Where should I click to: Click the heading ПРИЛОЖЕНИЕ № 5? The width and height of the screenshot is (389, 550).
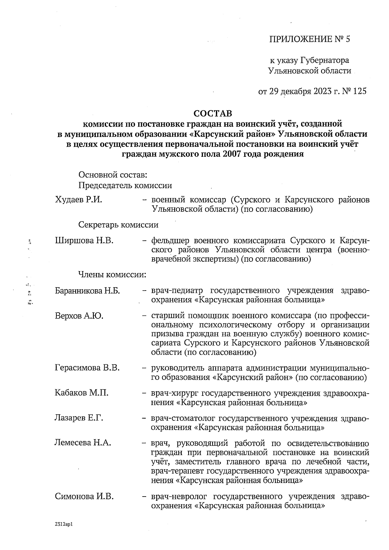(310, 40)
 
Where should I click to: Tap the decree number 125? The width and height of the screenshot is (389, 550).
(360, 92)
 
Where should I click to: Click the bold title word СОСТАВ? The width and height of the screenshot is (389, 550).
(213, 114)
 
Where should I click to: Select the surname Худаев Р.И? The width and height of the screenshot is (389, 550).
(78, 200)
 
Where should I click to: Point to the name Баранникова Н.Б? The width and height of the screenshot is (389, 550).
(88, 291)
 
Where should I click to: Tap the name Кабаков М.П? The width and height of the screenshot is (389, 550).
(81, 393)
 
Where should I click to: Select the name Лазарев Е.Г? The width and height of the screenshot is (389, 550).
(79, 418)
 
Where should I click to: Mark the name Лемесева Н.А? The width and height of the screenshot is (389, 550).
(83, 443)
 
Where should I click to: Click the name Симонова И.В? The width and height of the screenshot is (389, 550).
(84, 496)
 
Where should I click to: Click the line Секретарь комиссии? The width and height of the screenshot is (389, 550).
(118, 225)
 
